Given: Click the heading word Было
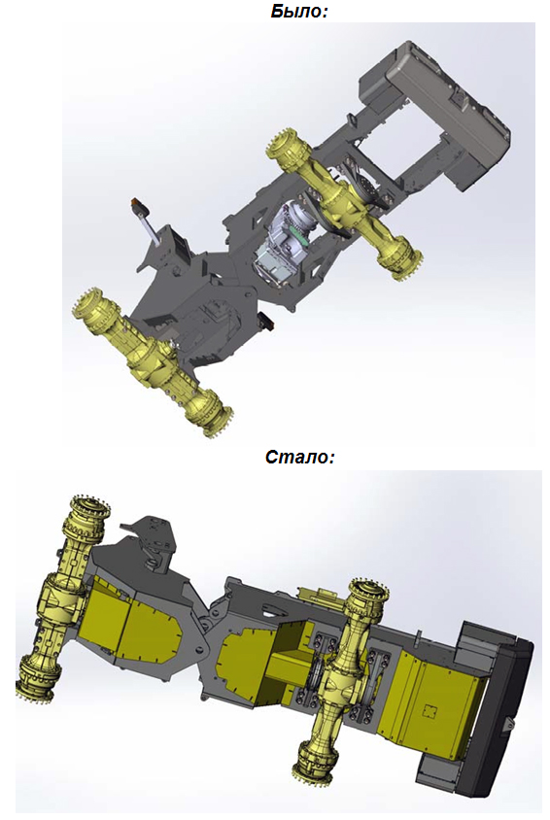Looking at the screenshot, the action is coord(299,11).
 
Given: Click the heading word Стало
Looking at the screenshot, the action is coord(299,456).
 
